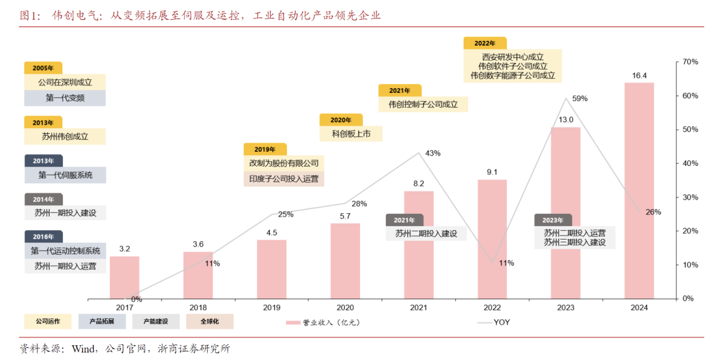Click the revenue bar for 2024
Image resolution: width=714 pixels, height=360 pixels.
[639, 191]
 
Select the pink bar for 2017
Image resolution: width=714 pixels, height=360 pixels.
[124, 277]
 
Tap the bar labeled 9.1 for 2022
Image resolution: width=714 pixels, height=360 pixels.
[492, 239]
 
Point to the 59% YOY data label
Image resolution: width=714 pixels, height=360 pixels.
[580, 98]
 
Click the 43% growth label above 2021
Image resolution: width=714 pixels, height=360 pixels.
[433, 153]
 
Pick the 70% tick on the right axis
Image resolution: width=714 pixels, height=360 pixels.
[690, 62]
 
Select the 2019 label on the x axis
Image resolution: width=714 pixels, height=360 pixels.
[272, 308]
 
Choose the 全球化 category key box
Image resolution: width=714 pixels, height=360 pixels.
[209, 322]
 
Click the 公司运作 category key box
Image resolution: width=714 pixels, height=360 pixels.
[48, 322]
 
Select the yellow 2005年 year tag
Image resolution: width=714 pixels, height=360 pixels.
[43, 68]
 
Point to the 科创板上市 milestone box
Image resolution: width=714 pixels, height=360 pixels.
[351, 134]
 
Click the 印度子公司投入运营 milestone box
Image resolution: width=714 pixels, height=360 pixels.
[284, 179]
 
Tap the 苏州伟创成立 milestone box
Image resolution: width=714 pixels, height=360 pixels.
[65, 136]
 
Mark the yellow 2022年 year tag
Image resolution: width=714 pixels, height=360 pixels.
[484, 43]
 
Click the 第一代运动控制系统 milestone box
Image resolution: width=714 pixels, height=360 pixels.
[65, 251]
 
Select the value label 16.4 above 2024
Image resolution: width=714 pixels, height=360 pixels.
[639, 75]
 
